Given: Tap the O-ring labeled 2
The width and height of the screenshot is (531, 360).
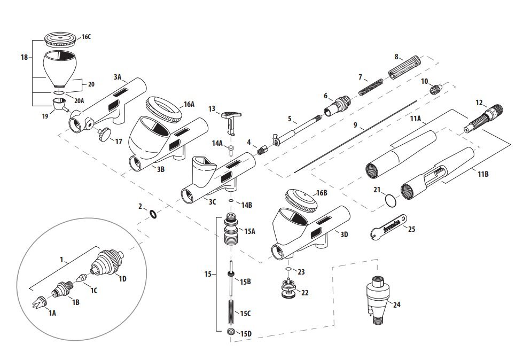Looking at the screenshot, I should point(152,214).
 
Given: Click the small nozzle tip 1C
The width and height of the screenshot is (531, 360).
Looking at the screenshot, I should point(81,278).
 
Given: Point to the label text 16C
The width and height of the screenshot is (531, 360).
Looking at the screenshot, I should point(85,37).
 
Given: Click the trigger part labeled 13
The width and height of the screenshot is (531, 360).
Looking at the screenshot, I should point(232,119).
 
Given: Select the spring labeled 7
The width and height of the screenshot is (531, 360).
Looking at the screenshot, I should point(370,85).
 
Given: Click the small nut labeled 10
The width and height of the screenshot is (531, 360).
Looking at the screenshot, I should point(436,89).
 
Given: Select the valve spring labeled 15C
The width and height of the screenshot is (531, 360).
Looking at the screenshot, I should point(232,312).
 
